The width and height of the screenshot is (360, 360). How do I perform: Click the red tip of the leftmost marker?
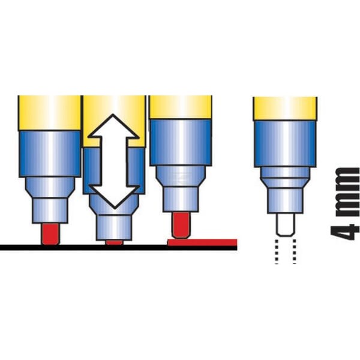click(50, 234)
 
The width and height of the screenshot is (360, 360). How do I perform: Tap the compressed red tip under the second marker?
click(114, 242)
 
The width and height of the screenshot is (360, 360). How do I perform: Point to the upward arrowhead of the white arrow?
click(113, 127)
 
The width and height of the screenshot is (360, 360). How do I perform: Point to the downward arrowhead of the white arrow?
click(114, 197)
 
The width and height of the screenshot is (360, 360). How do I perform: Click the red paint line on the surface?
click(202, 242)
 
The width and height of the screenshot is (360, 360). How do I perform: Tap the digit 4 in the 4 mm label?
click(344, 232)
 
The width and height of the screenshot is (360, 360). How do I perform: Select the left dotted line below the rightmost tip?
click(277, 251)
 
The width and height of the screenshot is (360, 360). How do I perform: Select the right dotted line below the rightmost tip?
click(295, 251)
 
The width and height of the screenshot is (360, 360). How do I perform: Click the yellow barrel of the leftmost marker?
click(49, 113)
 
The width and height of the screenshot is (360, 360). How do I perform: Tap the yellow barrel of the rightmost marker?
click(285, 109)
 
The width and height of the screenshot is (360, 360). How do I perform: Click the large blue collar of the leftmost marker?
click(50, 154)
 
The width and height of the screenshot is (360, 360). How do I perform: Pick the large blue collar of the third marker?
click(181, 142)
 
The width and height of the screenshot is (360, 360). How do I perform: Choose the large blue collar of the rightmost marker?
click(285, 143)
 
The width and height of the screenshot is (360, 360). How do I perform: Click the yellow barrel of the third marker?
click(181, 107)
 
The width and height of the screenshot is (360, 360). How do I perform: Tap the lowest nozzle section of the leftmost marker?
click(50, 211)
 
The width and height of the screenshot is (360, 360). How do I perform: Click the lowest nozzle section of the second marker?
click(114, 227)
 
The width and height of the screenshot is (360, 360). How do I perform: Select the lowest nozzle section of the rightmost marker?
click(285, 200)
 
